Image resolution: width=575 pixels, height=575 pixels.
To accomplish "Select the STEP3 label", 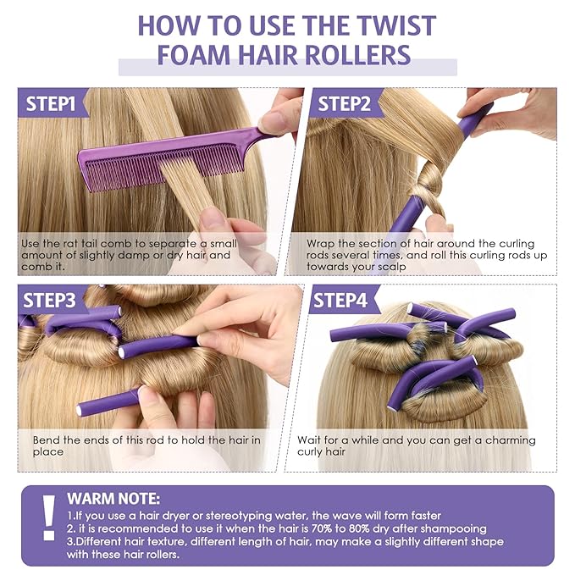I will (x=51, y=301).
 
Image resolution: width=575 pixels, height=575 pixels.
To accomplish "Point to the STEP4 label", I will (x=341, y=301).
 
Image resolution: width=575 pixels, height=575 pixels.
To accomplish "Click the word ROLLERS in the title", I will (x=357, y=55).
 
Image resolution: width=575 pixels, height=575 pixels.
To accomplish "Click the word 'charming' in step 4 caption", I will (x=482, y=440).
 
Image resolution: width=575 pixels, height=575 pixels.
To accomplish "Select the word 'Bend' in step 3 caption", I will (x=47, y=440).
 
